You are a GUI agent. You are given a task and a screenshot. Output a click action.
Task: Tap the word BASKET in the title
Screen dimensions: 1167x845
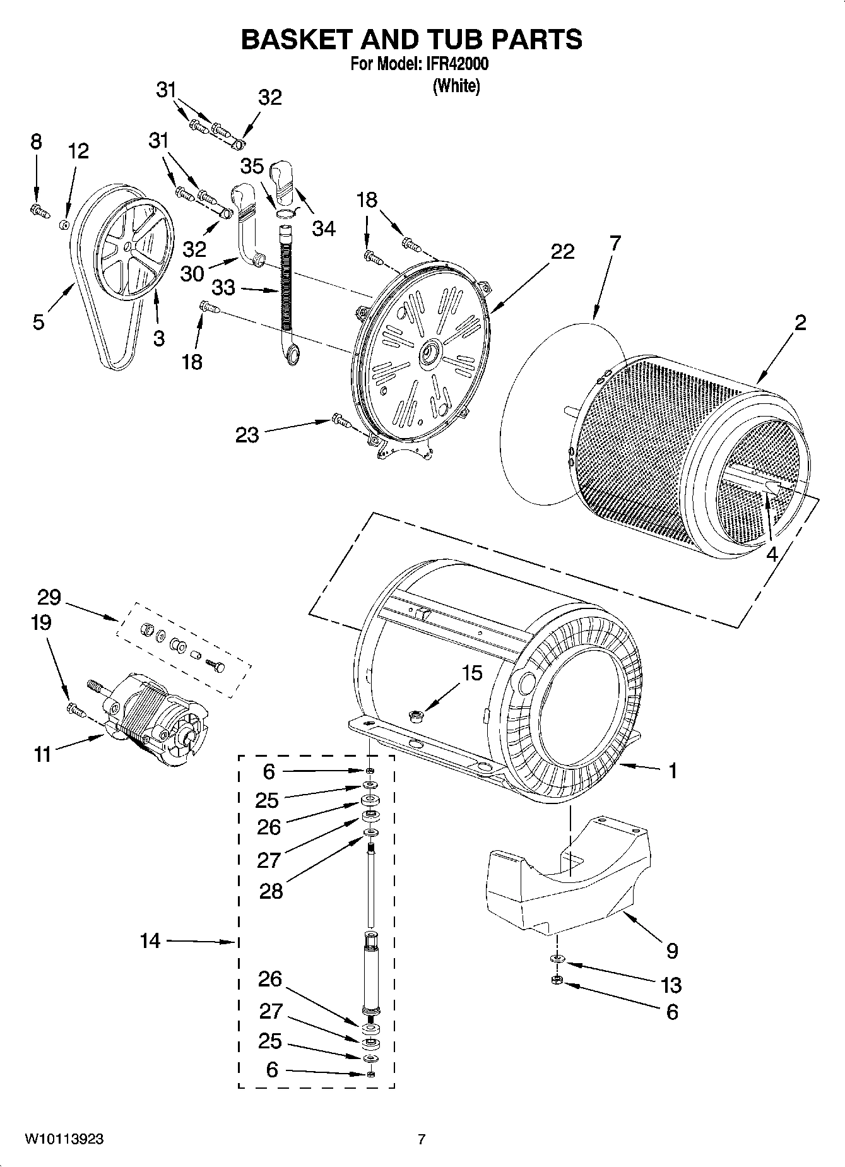tap(296, 39)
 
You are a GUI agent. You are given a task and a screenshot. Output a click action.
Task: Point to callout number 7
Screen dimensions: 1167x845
tap(614, 242)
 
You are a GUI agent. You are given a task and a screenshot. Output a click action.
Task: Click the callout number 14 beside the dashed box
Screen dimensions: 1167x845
tap(150, 941)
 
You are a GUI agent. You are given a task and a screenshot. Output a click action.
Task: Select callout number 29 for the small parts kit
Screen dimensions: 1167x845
tap(49, 596)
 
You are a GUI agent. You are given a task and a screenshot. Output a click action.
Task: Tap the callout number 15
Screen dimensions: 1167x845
tap(471, 673)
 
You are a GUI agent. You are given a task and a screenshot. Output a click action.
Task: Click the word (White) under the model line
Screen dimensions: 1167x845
tap(456, 86)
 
